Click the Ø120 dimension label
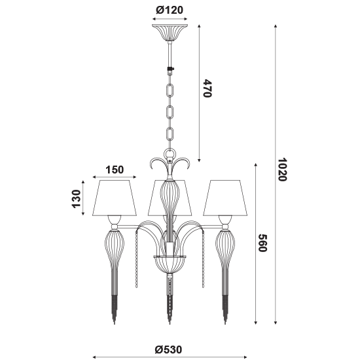170,10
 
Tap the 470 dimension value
207,88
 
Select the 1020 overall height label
281,170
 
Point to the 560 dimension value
262,243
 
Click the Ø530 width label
168,350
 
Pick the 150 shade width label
115,170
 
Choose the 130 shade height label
77,199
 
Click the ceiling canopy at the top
170,33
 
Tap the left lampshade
115,198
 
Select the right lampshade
225,198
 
